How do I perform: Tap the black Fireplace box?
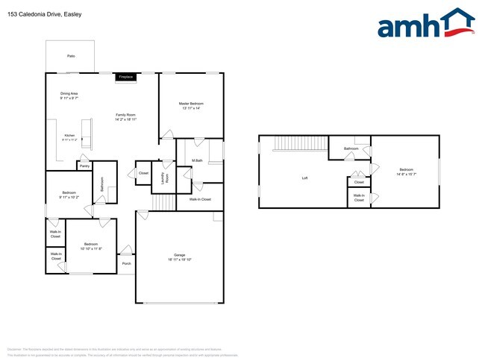pos(125,77)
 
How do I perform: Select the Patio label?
pos(71,56)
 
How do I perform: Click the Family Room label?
pos(125,116)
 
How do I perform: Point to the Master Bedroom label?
pos(191,105)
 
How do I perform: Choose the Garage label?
pos(179,257)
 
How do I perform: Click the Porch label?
pos(126,263)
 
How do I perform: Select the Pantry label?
pos(84,166)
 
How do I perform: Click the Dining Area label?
pos(69,95)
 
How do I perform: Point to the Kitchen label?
pos(69,137)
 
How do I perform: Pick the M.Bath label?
pos(198,160)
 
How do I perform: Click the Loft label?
pos(304,178)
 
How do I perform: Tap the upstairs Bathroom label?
pos(351,149)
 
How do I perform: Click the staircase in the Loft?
pos(291,143)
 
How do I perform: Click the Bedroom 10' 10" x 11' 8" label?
pos(92,246)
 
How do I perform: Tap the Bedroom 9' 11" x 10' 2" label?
pos(69,195)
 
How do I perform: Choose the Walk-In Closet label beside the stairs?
pos(200,199)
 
